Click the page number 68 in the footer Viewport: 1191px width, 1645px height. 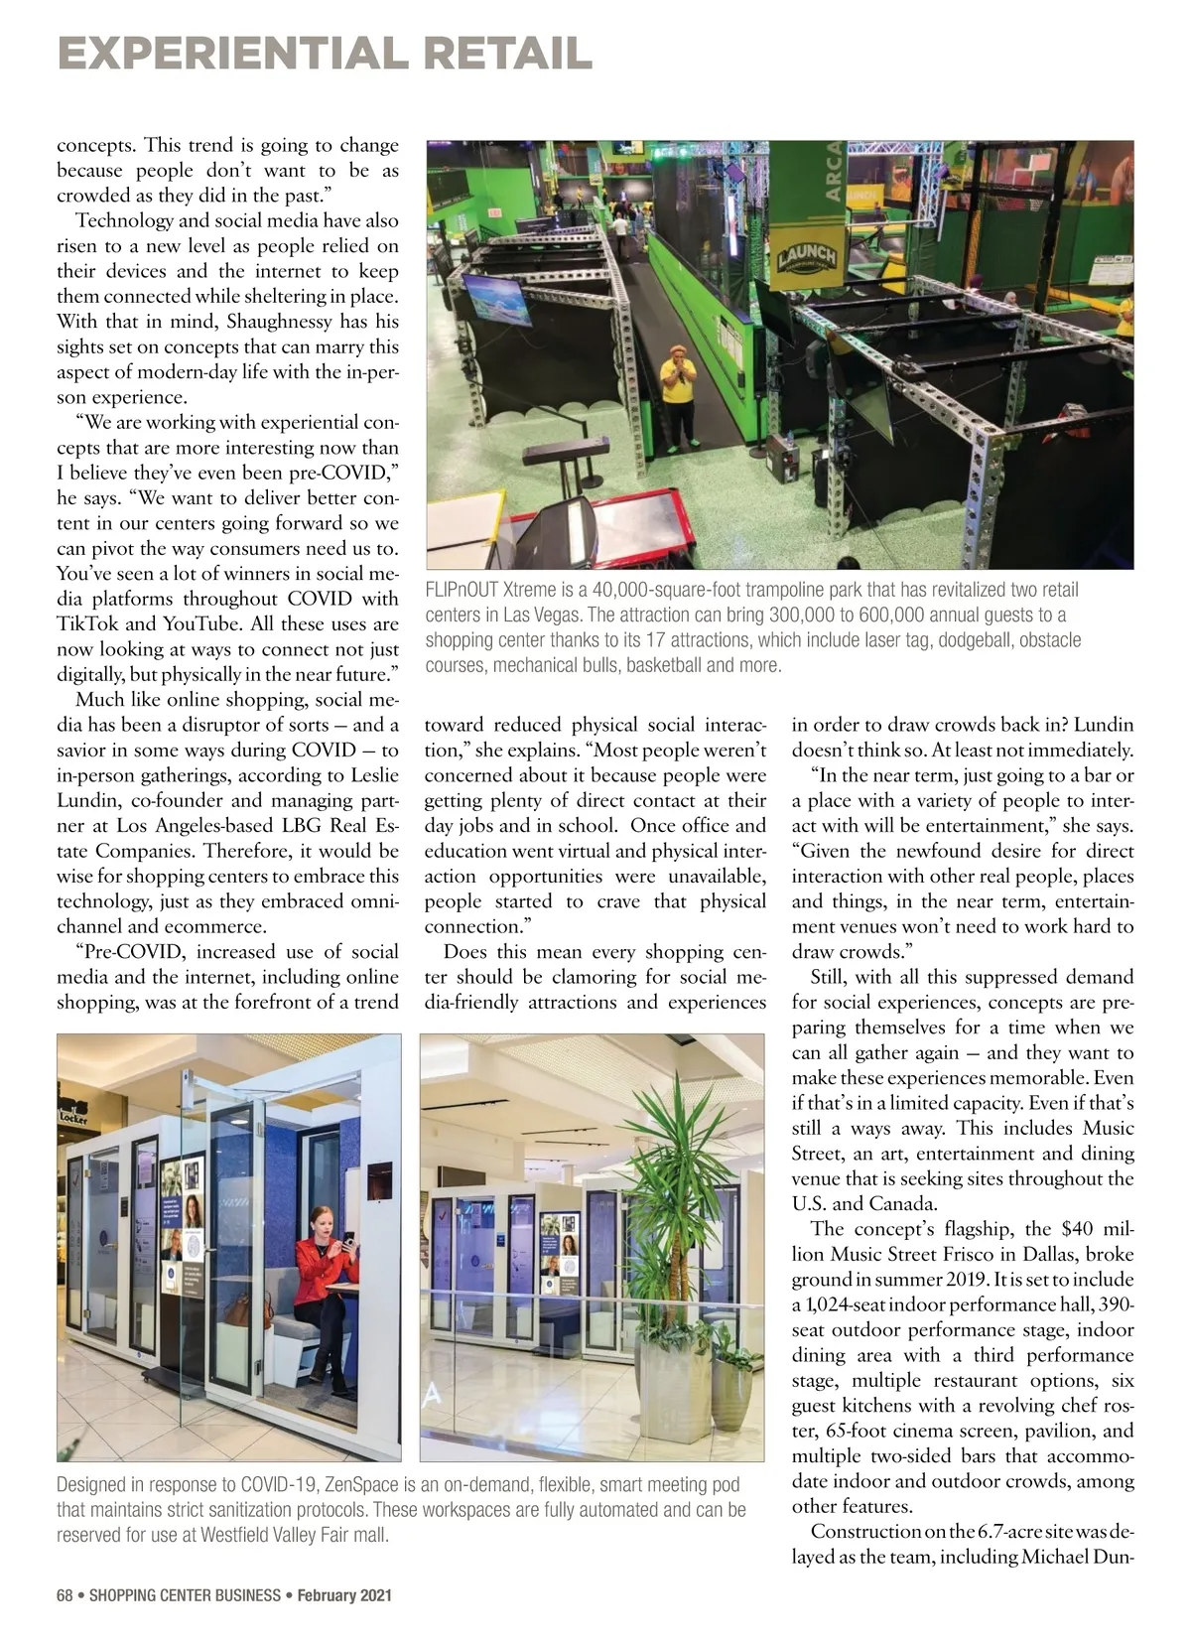tap(65, 1595)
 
